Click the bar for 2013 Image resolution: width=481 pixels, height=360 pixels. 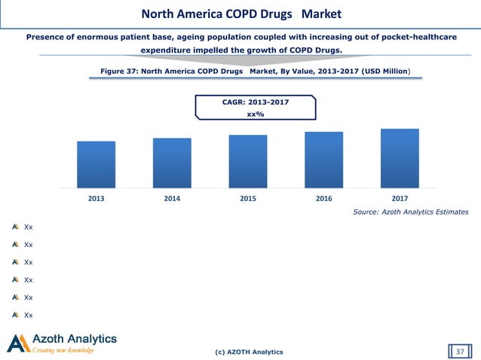96,163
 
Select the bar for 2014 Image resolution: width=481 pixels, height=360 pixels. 172,162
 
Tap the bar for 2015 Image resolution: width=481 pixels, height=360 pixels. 248,160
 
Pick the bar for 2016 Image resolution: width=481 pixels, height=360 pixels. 323,159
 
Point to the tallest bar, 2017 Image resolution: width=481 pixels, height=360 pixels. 400,157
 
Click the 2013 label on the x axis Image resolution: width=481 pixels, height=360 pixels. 96,198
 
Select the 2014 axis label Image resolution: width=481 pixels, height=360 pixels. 172,198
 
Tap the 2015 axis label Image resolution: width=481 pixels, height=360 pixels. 248,198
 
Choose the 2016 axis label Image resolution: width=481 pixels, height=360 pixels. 323,198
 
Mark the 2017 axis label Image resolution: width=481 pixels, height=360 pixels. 400,198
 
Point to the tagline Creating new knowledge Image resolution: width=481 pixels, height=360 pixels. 63,350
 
